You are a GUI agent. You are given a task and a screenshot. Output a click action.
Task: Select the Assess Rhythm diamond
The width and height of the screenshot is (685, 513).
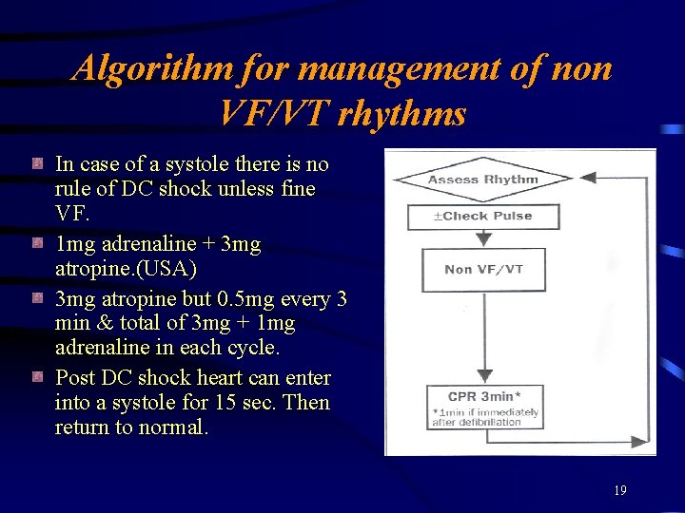point(482,179)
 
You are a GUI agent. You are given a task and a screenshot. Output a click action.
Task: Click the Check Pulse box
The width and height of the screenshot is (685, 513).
point(482,217)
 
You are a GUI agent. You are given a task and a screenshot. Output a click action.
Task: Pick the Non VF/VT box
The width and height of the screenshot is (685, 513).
point(483,270)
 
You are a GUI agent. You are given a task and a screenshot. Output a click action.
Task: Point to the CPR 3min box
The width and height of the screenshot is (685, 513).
point(483,396)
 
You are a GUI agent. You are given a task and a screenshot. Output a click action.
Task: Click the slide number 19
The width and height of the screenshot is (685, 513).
point(619,491)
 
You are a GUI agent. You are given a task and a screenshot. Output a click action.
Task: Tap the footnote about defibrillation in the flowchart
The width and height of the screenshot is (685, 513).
point(484,417)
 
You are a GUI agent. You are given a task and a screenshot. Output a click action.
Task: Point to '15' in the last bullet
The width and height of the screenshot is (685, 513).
point(226,403)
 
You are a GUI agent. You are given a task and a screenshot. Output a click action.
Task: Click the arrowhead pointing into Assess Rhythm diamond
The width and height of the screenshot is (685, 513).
point(587,178)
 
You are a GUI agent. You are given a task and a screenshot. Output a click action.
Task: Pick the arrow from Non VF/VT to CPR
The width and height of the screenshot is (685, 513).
point(483,332)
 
